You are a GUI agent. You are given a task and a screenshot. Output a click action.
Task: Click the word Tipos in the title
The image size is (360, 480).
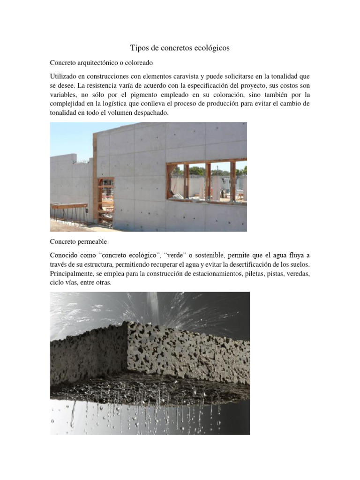pos(139,48)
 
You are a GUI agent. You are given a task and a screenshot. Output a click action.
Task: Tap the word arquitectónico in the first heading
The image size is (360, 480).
pos(101,62)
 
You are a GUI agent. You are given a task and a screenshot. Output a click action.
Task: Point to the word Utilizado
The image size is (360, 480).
pos(64,76)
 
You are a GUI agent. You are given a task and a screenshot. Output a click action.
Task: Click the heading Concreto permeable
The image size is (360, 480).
pos(79,242)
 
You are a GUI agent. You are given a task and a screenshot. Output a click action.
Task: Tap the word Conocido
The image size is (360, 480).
pos(65,255)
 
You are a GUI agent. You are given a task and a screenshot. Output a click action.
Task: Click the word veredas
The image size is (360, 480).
pos(298,274)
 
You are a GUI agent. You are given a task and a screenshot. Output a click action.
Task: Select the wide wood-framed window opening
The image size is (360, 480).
pos(206,180)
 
